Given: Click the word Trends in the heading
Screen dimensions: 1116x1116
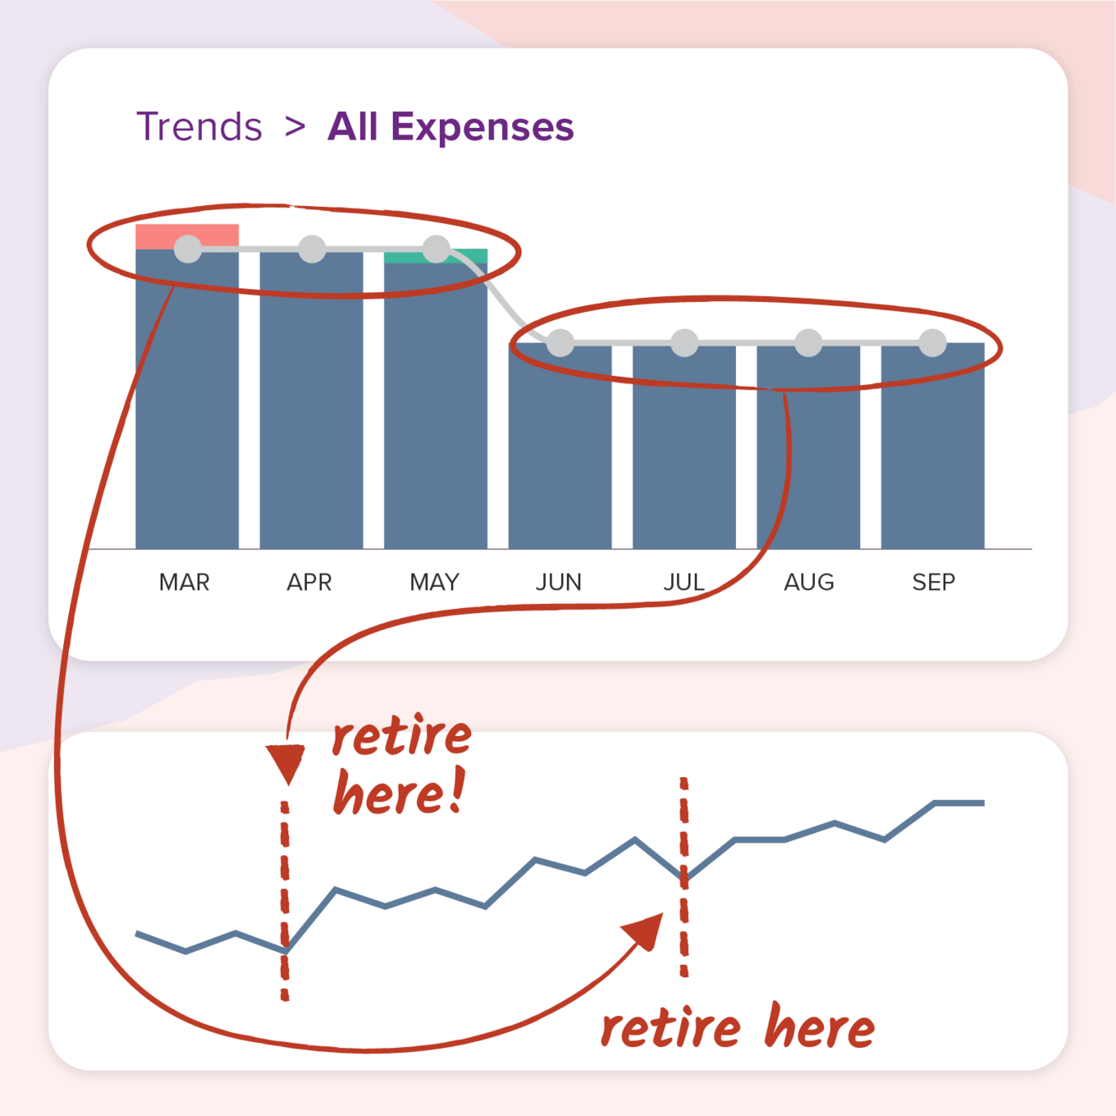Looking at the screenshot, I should pyautogui.click(x=199, y=127).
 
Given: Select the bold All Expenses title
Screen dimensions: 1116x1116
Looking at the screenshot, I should pyautogui.click(x=451, y=127).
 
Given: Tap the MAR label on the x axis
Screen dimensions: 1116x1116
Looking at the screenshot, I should pyautogui.click(x=185, y=583).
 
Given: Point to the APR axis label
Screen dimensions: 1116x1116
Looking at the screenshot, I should pyautogui.click(x=309, y=583).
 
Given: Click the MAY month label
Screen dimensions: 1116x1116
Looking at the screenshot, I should pyautogui.click(x=434, y=583).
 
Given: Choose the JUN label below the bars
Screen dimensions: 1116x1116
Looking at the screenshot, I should pyautogui.click(x=559, y=583).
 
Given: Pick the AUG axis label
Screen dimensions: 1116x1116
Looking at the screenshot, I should pyautogui.click(x=809, y=583).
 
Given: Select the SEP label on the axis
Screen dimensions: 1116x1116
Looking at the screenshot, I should pyautogui.click(x=934, y=583).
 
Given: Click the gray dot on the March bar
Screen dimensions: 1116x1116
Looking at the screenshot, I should pyautogui.click(x=188, y=249).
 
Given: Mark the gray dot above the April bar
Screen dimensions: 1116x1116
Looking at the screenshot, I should pyautogui.click(x=312, y=249).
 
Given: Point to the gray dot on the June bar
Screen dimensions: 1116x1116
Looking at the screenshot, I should pyautogui.click(x=560, y=342).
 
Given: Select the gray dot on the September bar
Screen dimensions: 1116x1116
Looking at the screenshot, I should pyautogui.click(x=932, y=342).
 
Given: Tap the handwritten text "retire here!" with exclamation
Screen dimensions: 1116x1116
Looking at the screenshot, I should pyautogui.click(x=401, y=766).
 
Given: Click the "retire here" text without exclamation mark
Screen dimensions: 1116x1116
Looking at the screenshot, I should pyautogui.click(x=737, y=1027).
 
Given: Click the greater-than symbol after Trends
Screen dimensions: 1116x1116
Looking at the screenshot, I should pyautogui.click(x=295, y=127).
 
